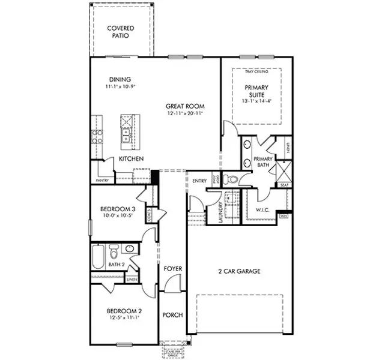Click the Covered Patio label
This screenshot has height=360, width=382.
click(x=120, y=32)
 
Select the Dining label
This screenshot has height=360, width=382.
click(x=120, y=80)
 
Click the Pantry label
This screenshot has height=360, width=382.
click(x=102, y=180)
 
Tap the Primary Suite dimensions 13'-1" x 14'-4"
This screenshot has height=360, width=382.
click(x=256, y=102)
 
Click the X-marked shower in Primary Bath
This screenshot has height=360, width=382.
click(x=282, y=171)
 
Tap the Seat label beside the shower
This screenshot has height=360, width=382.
click(x=283, y=185)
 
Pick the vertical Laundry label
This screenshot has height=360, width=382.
click(x=220, y=212)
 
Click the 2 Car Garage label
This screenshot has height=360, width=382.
click(x=238, y=271)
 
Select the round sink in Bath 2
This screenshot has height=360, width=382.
click(x=130, y=249)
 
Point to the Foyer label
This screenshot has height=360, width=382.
click(x=173, y=269)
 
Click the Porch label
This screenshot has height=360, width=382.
click(x=173, y=315)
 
